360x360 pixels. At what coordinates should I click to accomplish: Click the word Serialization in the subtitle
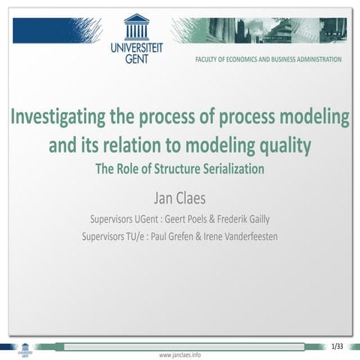pyautogui.click(x=232, y=169)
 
